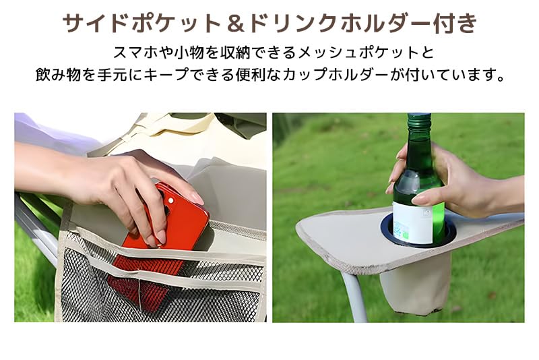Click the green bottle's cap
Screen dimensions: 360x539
point(418,119)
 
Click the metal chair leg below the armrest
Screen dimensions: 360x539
point(356,297)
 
